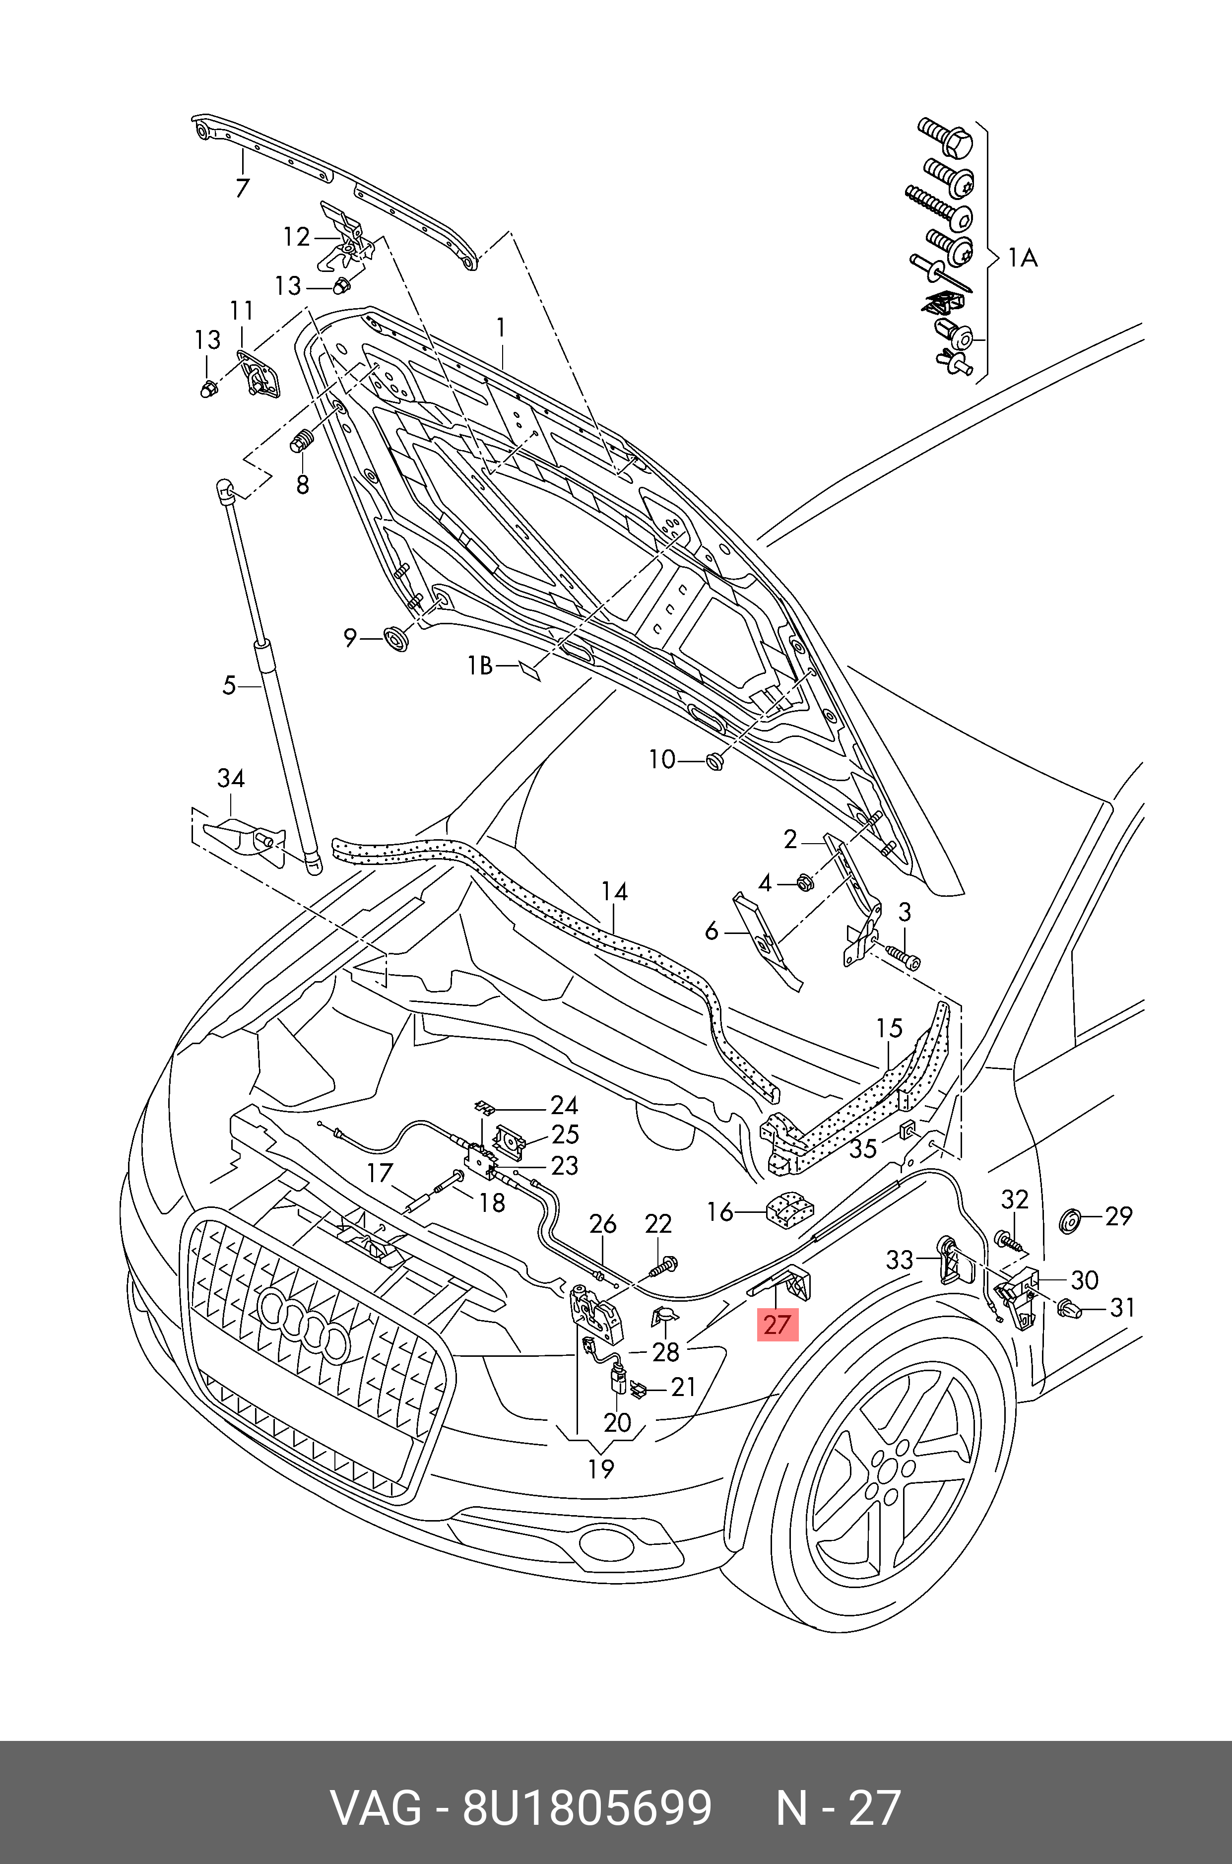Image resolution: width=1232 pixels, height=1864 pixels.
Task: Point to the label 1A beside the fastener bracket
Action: click(x=1022, y=257)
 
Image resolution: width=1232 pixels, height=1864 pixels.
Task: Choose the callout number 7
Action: click(x=242, y=188)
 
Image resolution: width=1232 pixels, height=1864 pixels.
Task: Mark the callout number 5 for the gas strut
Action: click(x=229, y=685)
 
